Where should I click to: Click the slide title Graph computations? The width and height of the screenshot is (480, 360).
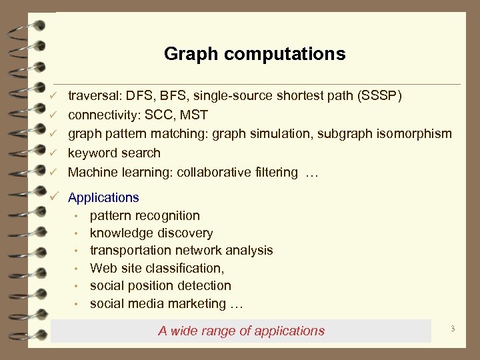coord(255,54)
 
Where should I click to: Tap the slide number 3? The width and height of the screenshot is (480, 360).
coord(453,329)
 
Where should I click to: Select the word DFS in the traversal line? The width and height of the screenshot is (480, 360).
coord(141,96)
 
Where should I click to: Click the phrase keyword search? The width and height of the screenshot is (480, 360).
coord(114,153)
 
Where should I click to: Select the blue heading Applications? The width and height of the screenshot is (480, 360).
coord(103,197)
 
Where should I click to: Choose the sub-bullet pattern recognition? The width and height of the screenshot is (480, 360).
coord(145,215)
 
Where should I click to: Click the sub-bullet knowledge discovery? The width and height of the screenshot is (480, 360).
coord(151,233)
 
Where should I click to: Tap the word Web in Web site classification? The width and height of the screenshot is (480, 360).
coord(103,268)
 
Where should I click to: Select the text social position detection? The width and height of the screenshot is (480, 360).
coord(160,286)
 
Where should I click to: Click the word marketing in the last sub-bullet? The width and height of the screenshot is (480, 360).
coord(197,304)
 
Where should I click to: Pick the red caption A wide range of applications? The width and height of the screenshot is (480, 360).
coord(241,331)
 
